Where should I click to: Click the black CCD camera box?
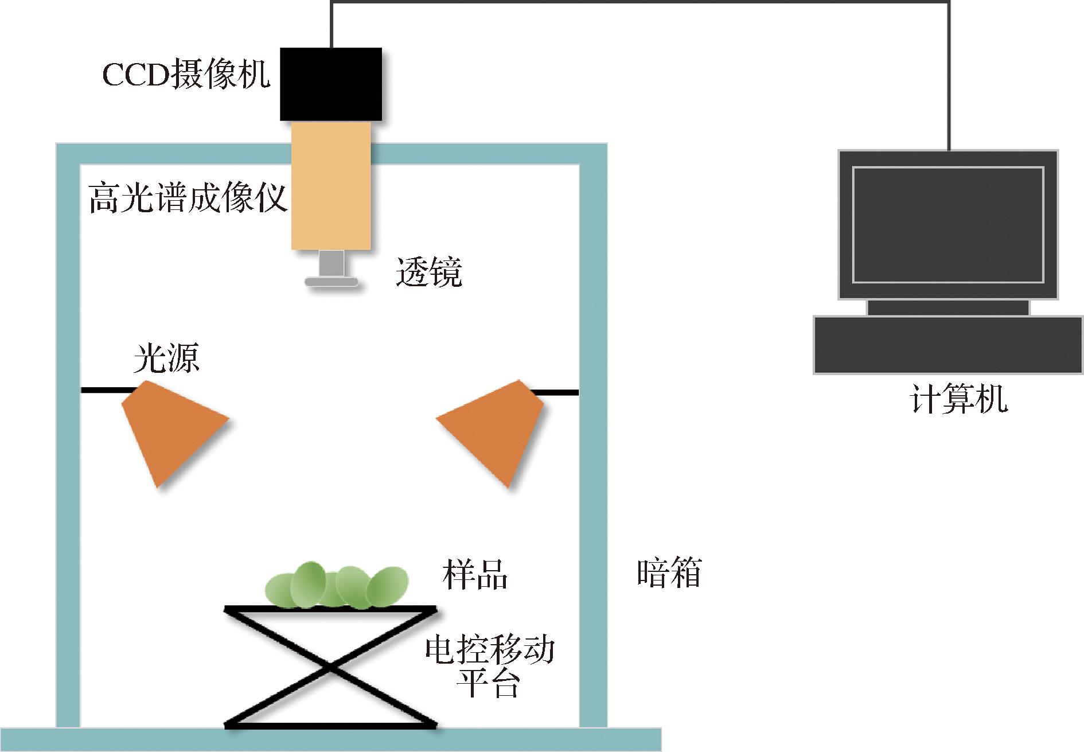[330, 84]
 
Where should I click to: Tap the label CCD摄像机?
[186, 75]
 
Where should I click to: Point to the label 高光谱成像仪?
[188, 198]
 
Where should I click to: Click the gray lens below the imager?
[332, 270]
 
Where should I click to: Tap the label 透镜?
[428, 272]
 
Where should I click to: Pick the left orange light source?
[170, 427]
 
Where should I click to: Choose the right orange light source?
[497, 427]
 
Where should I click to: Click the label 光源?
[166, 359]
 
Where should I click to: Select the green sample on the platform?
[336, 586]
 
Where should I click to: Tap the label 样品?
[475, 574]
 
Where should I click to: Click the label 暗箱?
[669, 573]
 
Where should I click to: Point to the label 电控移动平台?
[489, 665]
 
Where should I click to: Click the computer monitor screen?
[947, 224]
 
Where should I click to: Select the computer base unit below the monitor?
[947, 345]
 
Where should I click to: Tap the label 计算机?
[958, 400]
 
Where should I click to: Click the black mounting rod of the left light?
[106, 390]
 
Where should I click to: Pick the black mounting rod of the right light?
[556, 392]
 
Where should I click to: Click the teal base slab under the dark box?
[330, 740]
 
